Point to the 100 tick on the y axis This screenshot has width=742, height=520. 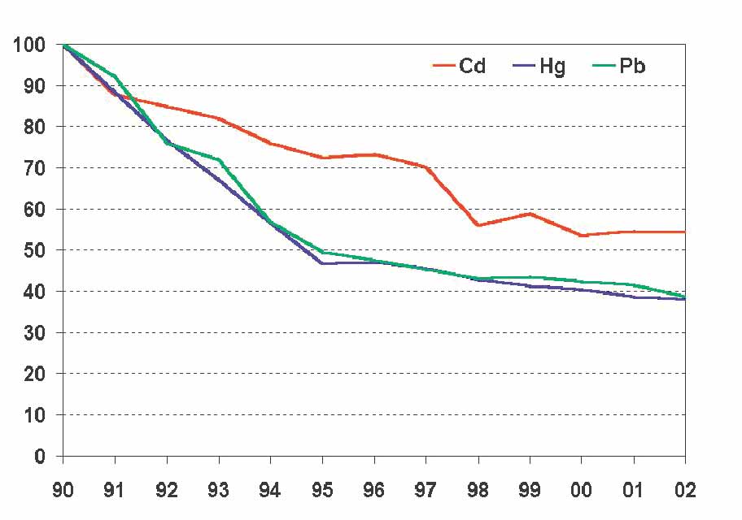tap(28, 45)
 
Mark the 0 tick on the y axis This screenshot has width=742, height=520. tap(39, 456)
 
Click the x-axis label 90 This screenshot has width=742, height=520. tap(63, 491)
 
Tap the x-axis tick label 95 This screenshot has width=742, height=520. tap(322, 491)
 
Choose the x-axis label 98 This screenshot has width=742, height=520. tap(478, 491)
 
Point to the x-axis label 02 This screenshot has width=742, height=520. tap(685, 491)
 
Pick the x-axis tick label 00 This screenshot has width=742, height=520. tap(581, 491)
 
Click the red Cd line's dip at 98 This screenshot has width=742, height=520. tap(478, 225)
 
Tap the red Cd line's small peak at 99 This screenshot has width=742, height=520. tap(530, 214)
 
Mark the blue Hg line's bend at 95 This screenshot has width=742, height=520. tap(322, 263)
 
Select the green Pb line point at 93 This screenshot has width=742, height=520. tap(219, 159)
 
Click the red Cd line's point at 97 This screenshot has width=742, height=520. tap(426, 167)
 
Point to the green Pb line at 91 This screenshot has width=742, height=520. tap(115, 76)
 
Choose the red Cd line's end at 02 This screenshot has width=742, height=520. tap(684, 232)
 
